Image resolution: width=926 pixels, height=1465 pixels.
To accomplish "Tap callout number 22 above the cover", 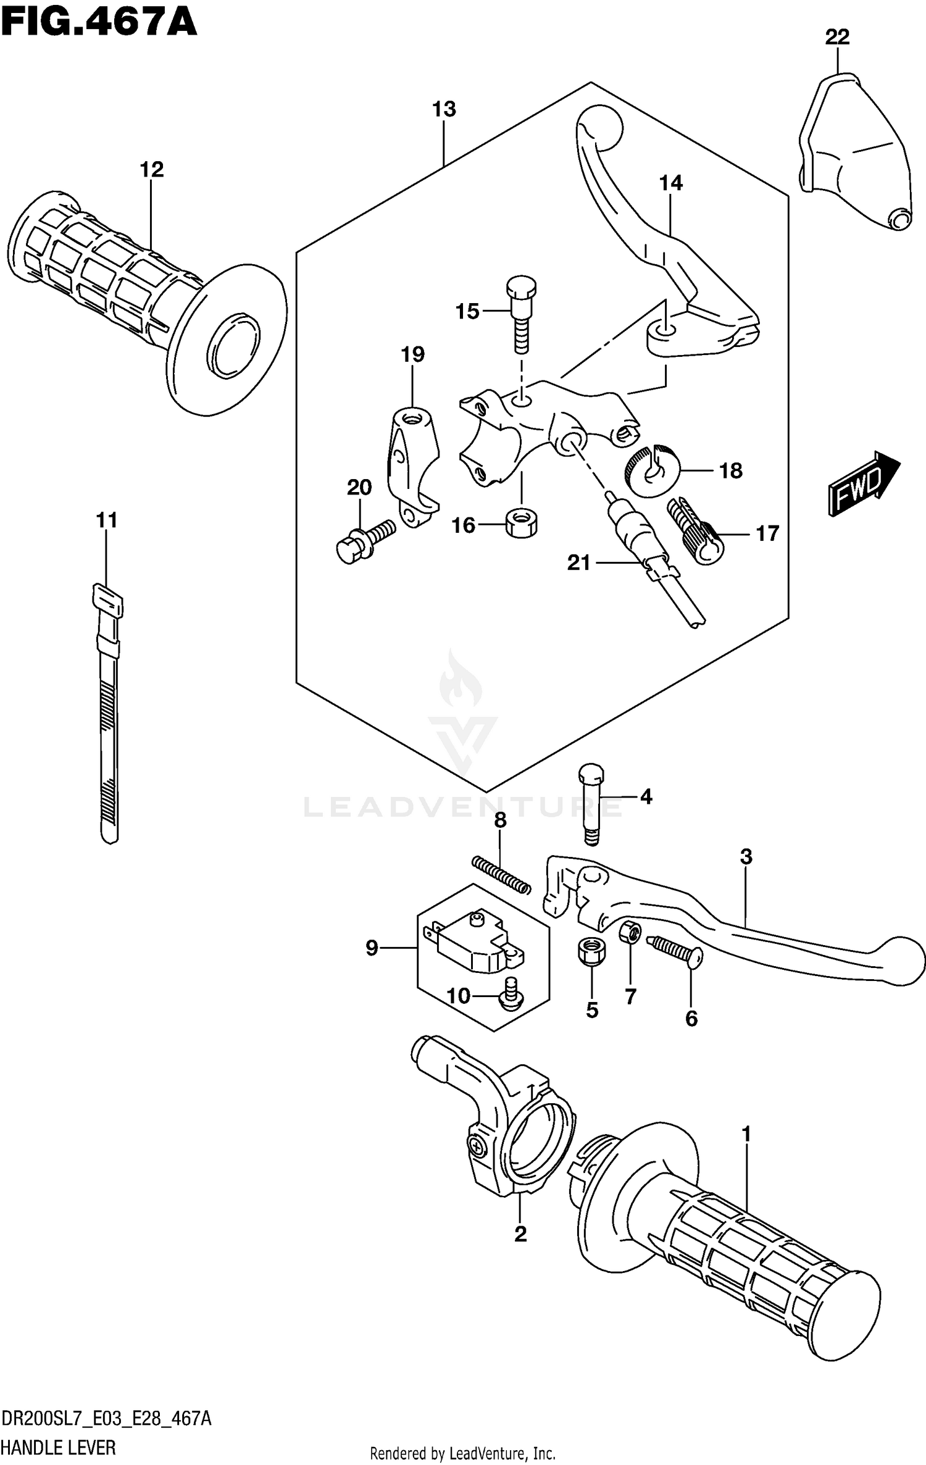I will tap(837, 38).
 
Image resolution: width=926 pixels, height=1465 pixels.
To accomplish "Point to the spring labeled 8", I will tap(501, 873).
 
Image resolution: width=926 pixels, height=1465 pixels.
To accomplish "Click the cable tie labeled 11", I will tap(108, 710).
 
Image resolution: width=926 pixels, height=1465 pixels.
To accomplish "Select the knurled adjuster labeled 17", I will tap(694, 530).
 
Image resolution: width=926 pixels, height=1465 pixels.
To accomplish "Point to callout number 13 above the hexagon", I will tap(444, 109).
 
